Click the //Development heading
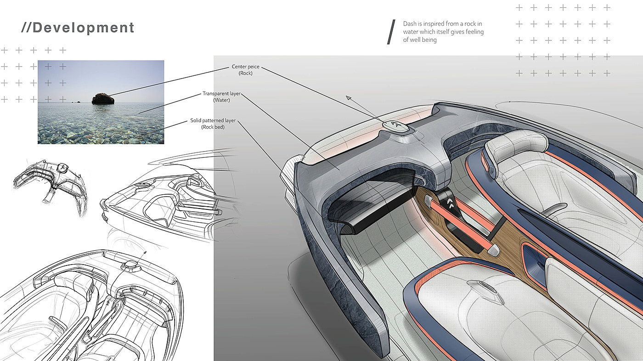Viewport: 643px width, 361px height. [x=78, y=28]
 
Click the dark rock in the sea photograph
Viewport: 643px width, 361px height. [x=103, y=98]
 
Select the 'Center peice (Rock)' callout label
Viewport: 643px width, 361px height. [x=246, y=70]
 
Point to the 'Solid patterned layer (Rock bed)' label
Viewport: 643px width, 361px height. [x=213, y=124]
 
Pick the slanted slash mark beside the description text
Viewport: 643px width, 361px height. [x=391, y=32]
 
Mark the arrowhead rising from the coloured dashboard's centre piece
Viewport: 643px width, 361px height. [x=349, y=97]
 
